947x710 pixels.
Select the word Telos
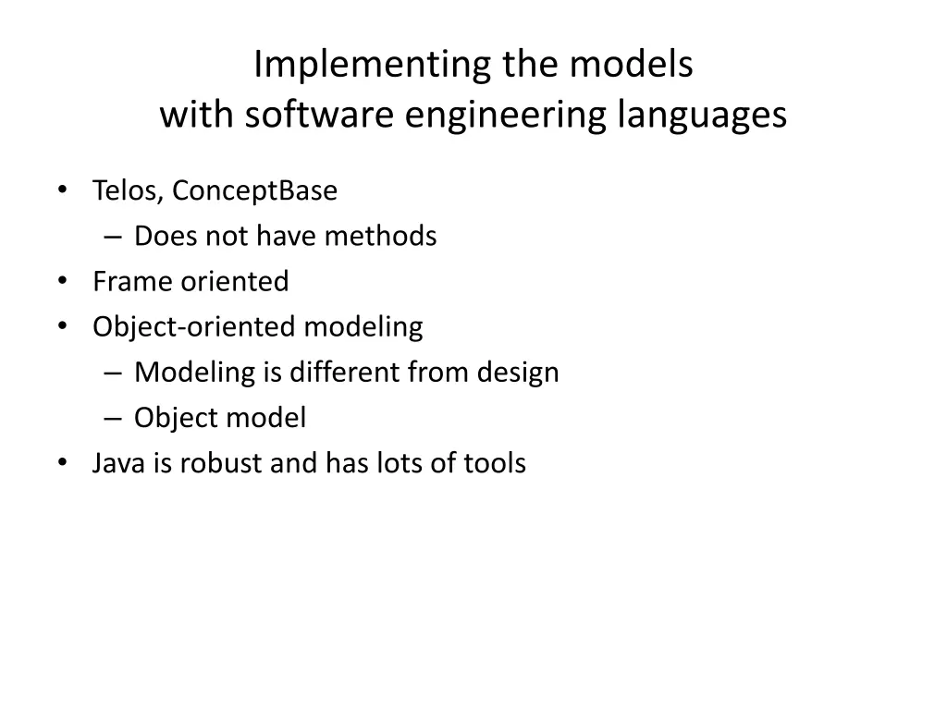tap(128, 191)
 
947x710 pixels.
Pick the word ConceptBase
tap(255, 192)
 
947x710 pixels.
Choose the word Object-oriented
tap(195, 326)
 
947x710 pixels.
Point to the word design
tap(518, 373)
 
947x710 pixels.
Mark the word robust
tap(220, 462)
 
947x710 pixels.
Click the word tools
tap(495, 462)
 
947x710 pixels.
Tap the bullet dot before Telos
tap(62, 190)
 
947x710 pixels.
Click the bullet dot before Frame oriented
tap(62, 280)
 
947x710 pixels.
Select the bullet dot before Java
tap(62, 461)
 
